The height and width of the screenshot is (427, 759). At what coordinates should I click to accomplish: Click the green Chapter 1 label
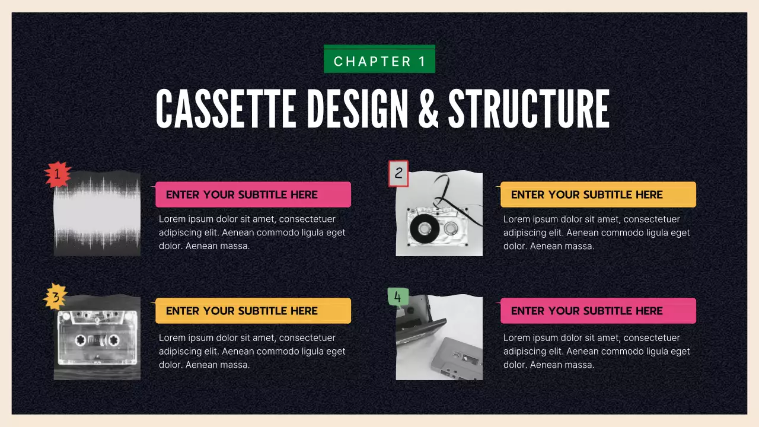(379, 60)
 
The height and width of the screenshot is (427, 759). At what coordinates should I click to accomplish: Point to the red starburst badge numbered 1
(58, 174)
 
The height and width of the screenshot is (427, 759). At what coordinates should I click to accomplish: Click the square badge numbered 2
(398, 173)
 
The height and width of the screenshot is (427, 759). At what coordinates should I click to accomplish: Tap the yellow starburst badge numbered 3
(56, 297)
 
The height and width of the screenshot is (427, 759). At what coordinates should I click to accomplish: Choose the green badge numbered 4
(397, 297)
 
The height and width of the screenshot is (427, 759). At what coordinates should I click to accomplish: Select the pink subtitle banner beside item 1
(253, 195)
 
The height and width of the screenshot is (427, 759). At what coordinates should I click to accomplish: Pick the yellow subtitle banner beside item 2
(598, 195)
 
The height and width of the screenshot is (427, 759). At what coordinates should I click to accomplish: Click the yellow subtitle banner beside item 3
(253, 311)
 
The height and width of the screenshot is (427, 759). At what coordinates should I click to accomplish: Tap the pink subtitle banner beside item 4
(598, 311)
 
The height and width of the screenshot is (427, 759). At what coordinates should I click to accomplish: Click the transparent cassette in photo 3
(97, 340)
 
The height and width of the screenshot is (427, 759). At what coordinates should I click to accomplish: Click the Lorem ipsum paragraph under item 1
(252, 232)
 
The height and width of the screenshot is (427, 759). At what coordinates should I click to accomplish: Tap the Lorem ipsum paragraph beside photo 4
(597, 351)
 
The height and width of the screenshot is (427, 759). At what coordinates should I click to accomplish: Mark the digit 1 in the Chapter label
(422, 61)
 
